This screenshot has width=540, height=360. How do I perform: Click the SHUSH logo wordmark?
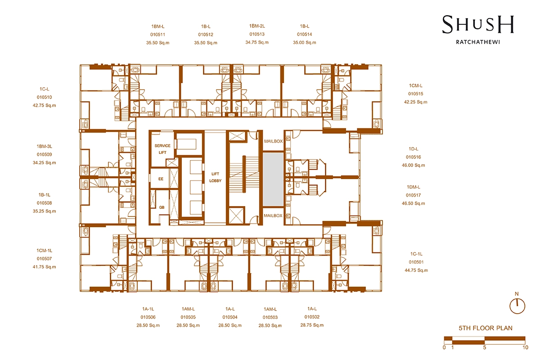click(478, 25)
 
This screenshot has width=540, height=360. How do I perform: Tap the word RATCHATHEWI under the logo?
click(478, 42)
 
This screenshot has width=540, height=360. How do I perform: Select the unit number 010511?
click(157, 35)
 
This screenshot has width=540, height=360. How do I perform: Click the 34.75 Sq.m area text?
click(257, 42)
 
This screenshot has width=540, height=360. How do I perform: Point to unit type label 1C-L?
click(45, 89)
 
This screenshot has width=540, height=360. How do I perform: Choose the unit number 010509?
click(45, 154)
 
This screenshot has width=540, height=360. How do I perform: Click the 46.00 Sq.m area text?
click(414, 166)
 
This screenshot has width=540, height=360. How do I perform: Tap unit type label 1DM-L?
click(414, 187)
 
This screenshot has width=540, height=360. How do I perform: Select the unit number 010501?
click(416, 262)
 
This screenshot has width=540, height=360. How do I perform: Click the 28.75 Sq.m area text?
click(312, 325)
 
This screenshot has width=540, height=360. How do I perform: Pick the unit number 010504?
click(230, 317)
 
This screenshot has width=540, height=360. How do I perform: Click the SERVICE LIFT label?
click(162, 149)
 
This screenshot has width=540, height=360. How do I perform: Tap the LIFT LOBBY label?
click(215, 177)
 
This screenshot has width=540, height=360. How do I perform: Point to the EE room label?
click(161, 179)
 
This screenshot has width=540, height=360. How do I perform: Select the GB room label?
click(162, 207)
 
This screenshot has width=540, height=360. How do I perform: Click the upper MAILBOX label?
click(274, 141)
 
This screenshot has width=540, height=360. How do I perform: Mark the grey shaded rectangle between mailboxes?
click(273, 179)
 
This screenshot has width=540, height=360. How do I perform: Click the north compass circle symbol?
click(517, 306)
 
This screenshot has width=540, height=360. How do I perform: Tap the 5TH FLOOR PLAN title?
click(486, 328)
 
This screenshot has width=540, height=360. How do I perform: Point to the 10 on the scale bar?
click(526, 347)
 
